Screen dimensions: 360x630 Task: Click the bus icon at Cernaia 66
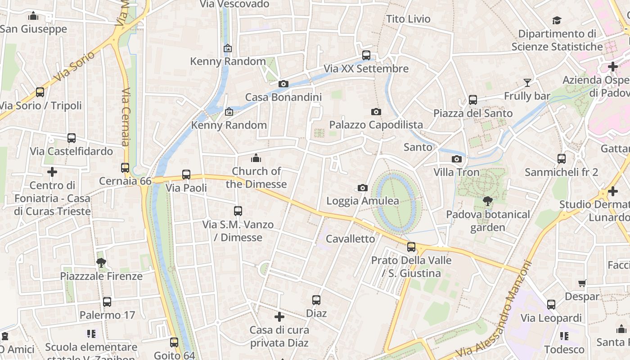(125, 168)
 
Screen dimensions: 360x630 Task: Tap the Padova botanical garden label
(488, 220)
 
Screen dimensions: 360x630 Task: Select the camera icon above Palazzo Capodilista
(376, 112)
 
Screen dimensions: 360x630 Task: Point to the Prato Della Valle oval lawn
(396, 202)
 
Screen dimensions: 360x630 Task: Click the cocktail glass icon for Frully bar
(527, 83)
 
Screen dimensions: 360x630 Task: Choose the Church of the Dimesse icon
(256, 158)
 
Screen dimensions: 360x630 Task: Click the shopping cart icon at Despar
(582, 283)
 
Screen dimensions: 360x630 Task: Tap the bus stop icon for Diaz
(316, 300)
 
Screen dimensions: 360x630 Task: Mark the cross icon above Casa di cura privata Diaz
(279, 317)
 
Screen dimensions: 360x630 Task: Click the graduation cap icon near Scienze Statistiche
(557, 21)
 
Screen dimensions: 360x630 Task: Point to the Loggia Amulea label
(363, 201)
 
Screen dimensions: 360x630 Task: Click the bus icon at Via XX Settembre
(366, 55)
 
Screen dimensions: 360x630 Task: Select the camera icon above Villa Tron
(457, 159)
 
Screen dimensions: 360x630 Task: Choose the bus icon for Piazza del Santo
(473, 100)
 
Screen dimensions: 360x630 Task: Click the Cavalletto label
(351, 238)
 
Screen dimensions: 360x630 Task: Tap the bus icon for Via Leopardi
(551, 305)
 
